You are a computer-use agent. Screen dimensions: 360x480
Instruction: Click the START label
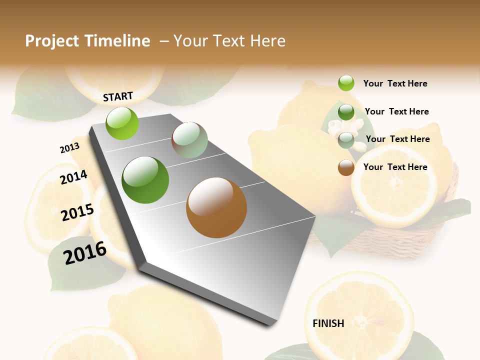(x=118, y=96)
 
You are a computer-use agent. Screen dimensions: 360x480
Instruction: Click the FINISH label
(x=328, y=323)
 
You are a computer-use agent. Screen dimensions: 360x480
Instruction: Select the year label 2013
(x=69, y=147)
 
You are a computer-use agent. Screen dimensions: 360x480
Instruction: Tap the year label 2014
(x=73, y=177)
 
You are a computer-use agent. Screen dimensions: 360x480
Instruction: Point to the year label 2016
(x=85, y=252)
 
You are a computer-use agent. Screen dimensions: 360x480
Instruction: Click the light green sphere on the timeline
(x=122, y=123)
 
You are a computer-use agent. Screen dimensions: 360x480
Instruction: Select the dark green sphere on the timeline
(x=145, y=180)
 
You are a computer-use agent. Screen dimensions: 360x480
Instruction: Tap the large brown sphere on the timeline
(x=216, y=207)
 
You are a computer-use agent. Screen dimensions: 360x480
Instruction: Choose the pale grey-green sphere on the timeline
(x=189, y=140)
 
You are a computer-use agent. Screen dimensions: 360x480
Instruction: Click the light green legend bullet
(x=346, y=83)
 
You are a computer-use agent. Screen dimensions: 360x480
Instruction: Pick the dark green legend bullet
(x=346, y=112)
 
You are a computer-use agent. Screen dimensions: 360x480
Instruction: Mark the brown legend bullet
(x=346, y=167)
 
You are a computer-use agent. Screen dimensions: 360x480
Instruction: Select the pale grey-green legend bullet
(x=346, y=140)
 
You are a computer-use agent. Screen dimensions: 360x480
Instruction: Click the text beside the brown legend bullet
(x=395, y=167)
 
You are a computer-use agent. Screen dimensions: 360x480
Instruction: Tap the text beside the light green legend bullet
(x=395, y=83)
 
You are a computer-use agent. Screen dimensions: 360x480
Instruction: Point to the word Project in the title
(x=52, y=41)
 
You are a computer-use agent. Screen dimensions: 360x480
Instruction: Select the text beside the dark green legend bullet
(x=396, y=111)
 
